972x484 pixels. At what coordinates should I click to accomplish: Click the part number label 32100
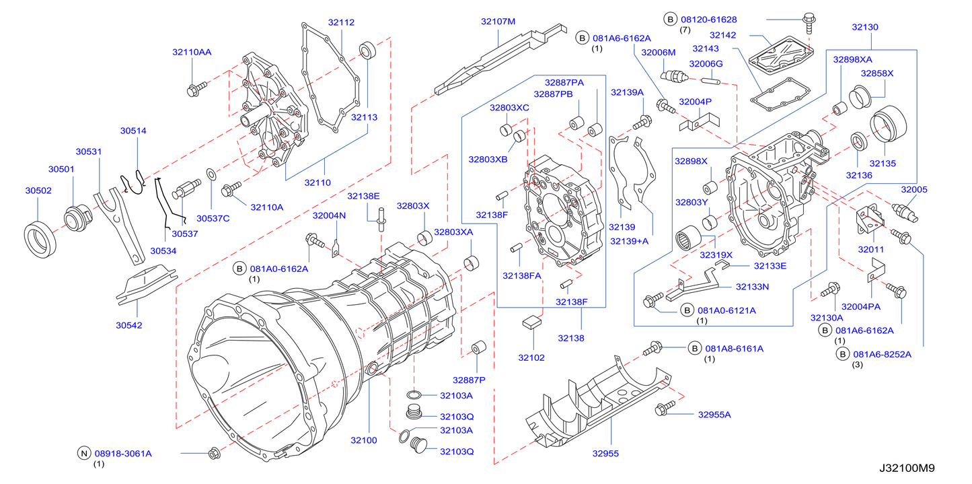(x=363, y=440)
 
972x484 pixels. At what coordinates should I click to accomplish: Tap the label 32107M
(x=498, y=22)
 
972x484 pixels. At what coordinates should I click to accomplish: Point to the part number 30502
(x=38, y=191)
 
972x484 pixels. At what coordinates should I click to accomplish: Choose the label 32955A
(x=714, y=415)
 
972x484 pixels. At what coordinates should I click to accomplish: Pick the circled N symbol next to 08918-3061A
(x=83, y=454)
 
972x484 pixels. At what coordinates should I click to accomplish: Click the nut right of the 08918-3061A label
(x=214, y=454)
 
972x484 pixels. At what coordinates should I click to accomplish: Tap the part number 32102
(x=531, y=357)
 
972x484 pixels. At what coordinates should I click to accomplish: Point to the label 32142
(x=723, y=35)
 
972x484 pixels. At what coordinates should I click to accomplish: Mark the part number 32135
(x=883, y=163)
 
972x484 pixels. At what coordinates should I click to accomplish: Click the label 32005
(x=914, y=190)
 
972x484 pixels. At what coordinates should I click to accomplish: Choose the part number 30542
(x=128, y=325)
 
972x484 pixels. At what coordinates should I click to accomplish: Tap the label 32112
(x=341, y=22)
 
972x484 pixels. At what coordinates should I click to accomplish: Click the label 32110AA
(x=192, y=52)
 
